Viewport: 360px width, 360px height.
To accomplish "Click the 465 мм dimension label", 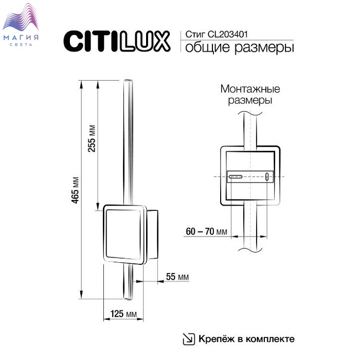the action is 75,190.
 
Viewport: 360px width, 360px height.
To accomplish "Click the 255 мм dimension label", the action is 92,138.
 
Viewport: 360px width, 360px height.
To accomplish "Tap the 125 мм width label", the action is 123,314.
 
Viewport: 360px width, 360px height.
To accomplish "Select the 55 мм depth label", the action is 177,277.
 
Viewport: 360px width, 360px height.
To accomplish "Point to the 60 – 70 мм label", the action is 206,231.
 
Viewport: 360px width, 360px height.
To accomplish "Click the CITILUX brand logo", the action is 117,41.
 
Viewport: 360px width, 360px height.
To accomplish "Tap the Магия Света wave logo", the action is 21,24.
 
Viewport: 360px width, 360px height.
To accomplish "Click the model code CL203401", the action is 228,34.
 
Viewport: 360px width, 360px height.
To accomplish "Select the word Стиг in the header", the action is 195,34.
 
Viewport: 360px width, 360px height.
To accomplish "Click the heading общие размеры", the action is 240,47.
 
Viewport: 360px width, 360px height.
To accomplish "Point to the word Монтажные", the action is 250,89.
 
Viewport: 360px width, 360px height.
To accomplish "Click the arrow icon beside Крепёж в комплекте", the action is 189,339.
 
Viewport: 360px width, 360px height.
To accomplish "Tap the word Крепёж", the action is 217,338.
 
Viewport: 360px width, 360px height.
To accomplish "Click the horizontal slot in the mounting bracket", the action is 236,177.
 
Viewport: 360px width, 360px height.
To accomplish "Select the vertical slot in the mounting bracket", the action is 267,177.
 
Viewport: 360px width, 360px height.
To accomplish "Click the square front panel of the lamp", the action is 124,235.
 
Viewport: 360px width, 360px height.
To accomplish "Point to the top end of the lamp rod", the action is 128,80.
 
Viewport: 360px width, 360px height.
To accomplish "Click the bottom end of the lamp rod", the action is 128,299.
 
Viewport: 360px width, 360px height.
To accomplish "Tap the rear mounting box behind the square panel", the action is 152,235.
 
